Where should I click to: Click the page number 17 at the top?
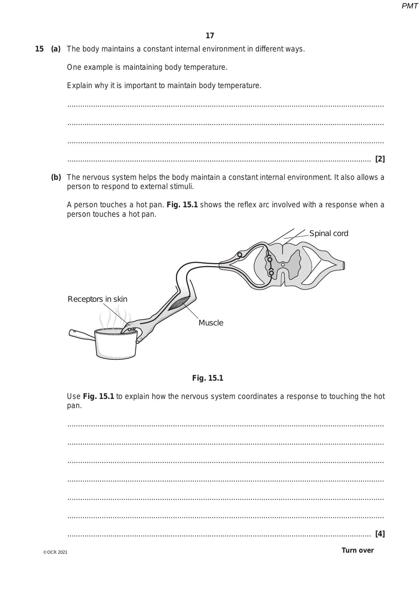point(210,36)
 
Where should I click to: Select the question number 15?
point(39,49)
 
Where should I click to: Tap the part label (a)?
point(56,49)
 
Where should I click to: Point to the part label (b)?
point(56,177)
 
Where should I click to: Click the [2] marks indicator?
point(380,159)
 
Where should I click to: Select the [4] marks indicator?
point(380,534)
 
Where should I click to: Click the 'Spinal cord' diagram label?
point(329,234)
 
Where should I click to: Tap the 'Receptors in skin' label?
point(97,299)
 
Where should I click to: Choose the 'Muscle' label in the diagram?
point(211,323)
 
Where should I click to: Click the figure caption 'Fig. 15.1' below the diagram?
point(208,378)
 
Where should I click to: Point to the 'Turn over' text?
point(357,550)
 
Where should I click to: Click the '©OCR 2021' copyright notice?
point(55,552)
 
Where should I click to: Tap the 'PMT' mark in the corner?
point(409,6)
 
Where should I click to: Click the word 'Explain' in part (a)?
point(79,85)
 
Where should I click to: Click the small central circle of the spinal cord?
point(283,265)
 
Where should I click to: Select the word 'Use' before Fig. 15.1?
point(73,396)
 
